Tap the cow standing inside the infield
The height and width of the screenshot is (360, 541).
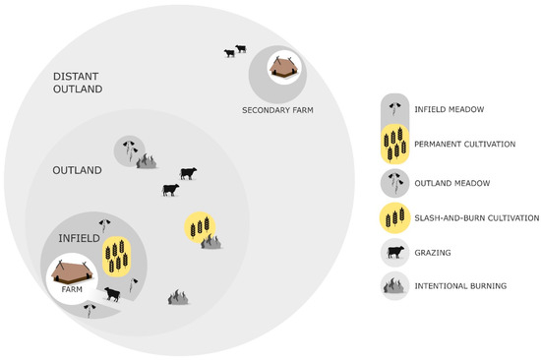113,292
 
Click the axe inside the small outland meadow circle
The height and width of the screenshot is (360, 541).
129,150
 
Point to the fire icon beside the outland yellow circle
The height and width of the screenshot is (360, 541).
211,241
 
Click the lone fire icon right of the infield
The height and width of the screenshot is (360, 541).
178,296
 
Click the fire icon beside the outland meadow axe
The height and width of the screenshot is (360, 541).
147,160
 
